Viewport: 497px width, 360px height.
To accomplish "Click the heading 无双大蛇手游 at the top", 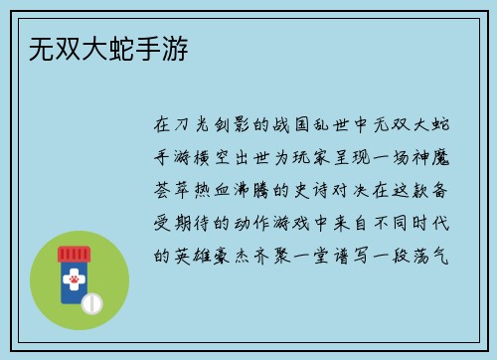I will point(105,48).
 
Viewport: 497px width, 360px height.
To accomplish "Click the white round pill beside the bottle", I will point(92,301).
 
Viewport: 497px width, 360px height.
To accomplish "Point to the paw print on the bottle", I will point(73,281).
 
